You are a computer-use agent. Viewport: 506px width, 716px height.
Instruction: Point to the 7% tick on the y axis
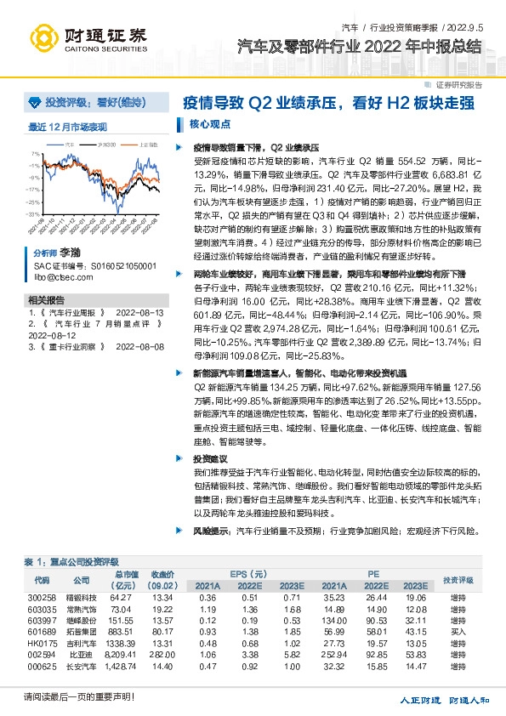[x=35, y=154]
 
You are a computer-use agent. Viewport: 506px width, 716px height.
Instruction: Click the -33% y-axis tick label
[x=32, y=214]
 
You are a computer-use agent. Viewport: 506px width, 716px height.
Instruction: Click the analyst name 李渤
[x=69, y=253]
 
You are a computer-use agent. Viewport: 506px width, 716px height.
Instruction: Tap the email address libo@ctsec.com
[x=57, y=277]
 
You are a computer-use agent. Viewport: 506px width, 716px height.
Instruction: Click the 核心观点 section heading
[x=209, y=123]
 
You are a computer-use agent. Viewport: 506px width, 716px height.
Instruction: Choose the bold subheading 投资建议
[x=212, y=457]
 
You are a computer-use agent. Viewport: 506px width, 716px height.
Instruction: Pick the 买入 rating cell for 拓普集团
[x=458, y=634]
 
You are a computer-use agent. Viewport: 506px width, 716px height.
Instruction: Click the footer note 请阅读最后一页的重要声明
[x=75, y=697]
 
